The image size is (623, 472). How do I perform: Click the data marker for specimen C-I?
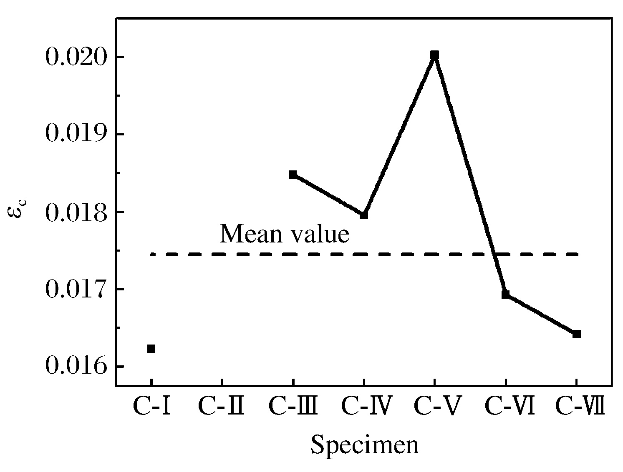coord(151,349)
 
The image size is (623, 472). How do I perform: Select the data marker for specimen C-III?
coord(293,174)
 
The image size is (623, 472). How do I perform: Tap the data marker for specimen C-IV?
coord(364,215)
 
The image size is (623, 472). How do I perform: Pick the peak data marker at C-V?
coord(435,55)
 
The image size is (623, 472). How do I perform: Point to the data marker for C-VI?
coord(506,294)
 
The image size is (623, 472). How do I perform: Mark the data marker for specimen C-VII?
coord(577,334)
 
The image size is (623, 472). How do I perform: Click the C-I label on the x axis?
coord(151,407)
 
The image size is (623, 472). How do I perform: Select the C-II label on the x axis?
coord(221,407)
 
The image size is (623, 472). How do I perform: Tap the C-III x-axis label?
coord(293,407)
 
